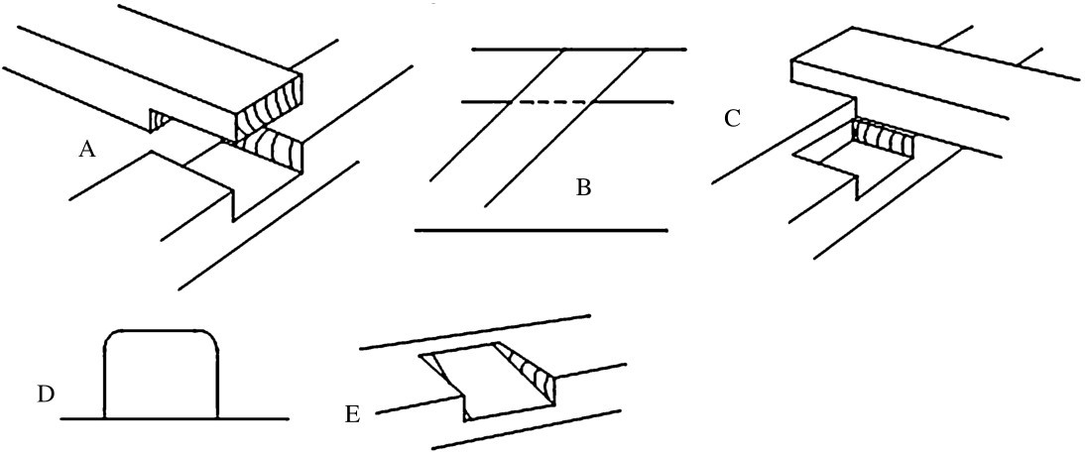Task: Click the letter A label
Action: click(x=87, y=150)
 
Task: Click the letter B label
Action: click(x=583, y=186)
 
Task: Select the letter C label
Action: click(x=732, y=119)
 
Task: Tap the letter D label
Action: click(x=45, y=395)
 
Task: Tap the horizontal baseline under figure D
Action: click(x=248, y=418)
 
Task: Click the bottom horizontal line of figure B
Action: click(x=541, y=230)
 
